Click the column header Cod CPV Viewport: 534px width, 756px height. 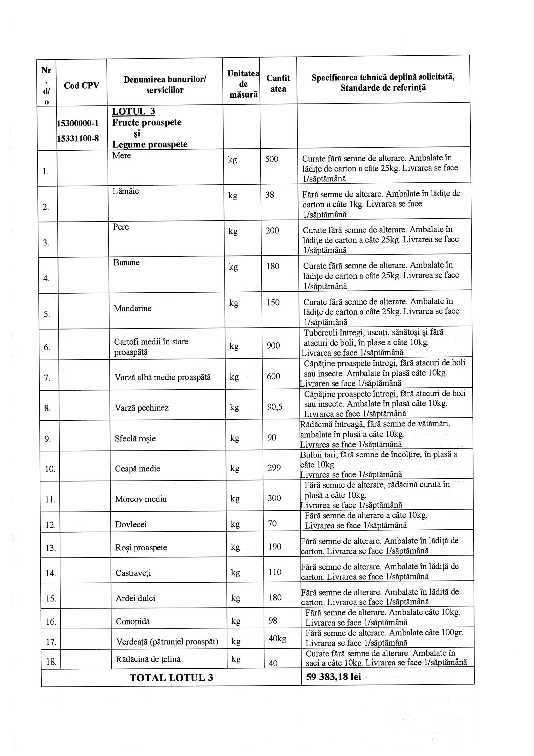tap(81, 86)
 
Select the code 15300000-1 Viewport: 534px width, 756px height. tap(78, 124)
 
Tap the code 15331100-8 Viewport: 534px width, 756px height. tap(78, 138)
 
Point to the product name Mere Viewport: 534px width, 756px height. tap(121, 156)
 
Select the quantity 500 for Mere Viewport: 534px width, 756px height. tap(272, 159)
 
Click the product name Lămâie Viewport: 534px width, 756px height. tap(126, 191)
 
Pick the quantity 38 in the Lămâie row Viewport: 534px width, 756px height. tap(270, 195)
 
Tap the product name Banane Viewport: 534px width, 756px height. tap(126, 263)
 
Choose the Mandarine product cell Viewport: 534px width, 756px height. tap(132, 308)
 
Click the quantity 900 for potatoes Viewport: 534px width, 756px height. tap(273, 346)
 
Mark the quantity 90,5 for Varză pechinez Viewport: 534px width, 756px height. tap(275, 407)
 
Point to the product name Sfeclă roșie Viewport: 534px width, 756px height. tap(135, 438)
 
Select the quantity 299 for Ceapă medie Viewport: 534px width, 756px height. tap(274, 468)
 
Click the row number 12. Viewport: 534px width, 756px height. tap(50, 525)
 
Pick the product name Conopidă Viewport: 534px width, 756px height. tap(132, 622)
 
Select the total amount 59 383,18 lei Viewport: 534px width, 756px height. tap(333, 677)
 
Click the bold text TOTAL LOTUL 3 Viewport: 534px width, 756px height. tap(171, 678)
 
